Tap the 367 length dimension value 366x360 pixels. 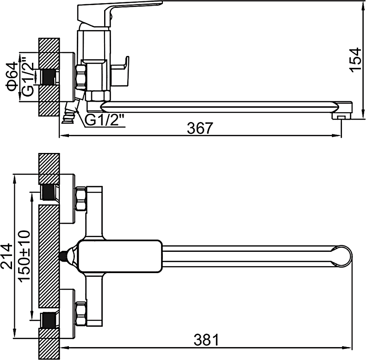[x=200, y=128]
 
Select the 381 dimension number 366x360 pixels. [x=206, y=340]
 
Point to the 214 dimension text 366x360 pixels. [x=7, y=256]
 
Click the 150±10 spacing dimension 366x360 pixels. [x=25, y=256]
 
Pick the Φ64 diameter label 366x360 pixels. [x=12, y=76]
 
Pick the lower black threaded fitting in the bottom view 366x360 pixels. [x=49, y=320]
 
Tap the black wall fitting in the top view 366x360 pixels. [x=49, y=77]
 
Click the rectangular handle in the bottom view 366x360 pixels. [x=119, y=256]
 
